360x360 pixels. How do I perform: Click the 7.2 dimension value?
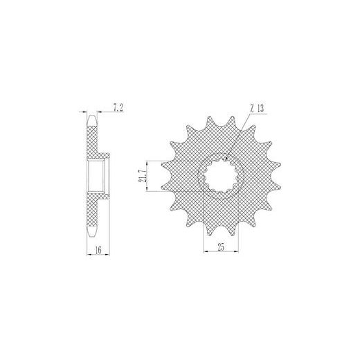pyautogui.click(x=118, y=108)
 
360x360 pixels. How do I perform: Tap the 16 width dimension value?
pyautogui.click(x=98, y=250)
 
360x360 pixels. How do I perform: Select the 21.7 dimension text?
pyautogui.click(x=143, y=176)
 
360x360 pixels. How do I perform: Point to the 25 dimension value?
pyautogui.click(x=221, y=247)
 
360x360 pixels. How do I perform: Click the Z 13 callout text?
pyautogui.click(x=257, y=108)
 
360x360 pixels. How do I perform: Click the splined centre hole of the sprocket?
pyautogui.click(x=221, y=176)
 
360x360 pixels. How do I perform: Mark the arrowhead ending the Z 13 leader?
pyautogui.click(x=226, y=159)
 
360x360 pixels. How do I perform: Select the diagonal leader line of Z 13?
pyautogui.click(x=237, y=136)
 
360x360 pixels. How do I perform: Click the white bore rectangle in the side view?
pyautogui.click(x=96, y=176)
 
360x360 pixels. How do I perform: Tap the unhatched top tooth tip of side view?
pyautogui.click(x=92, y=120)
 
